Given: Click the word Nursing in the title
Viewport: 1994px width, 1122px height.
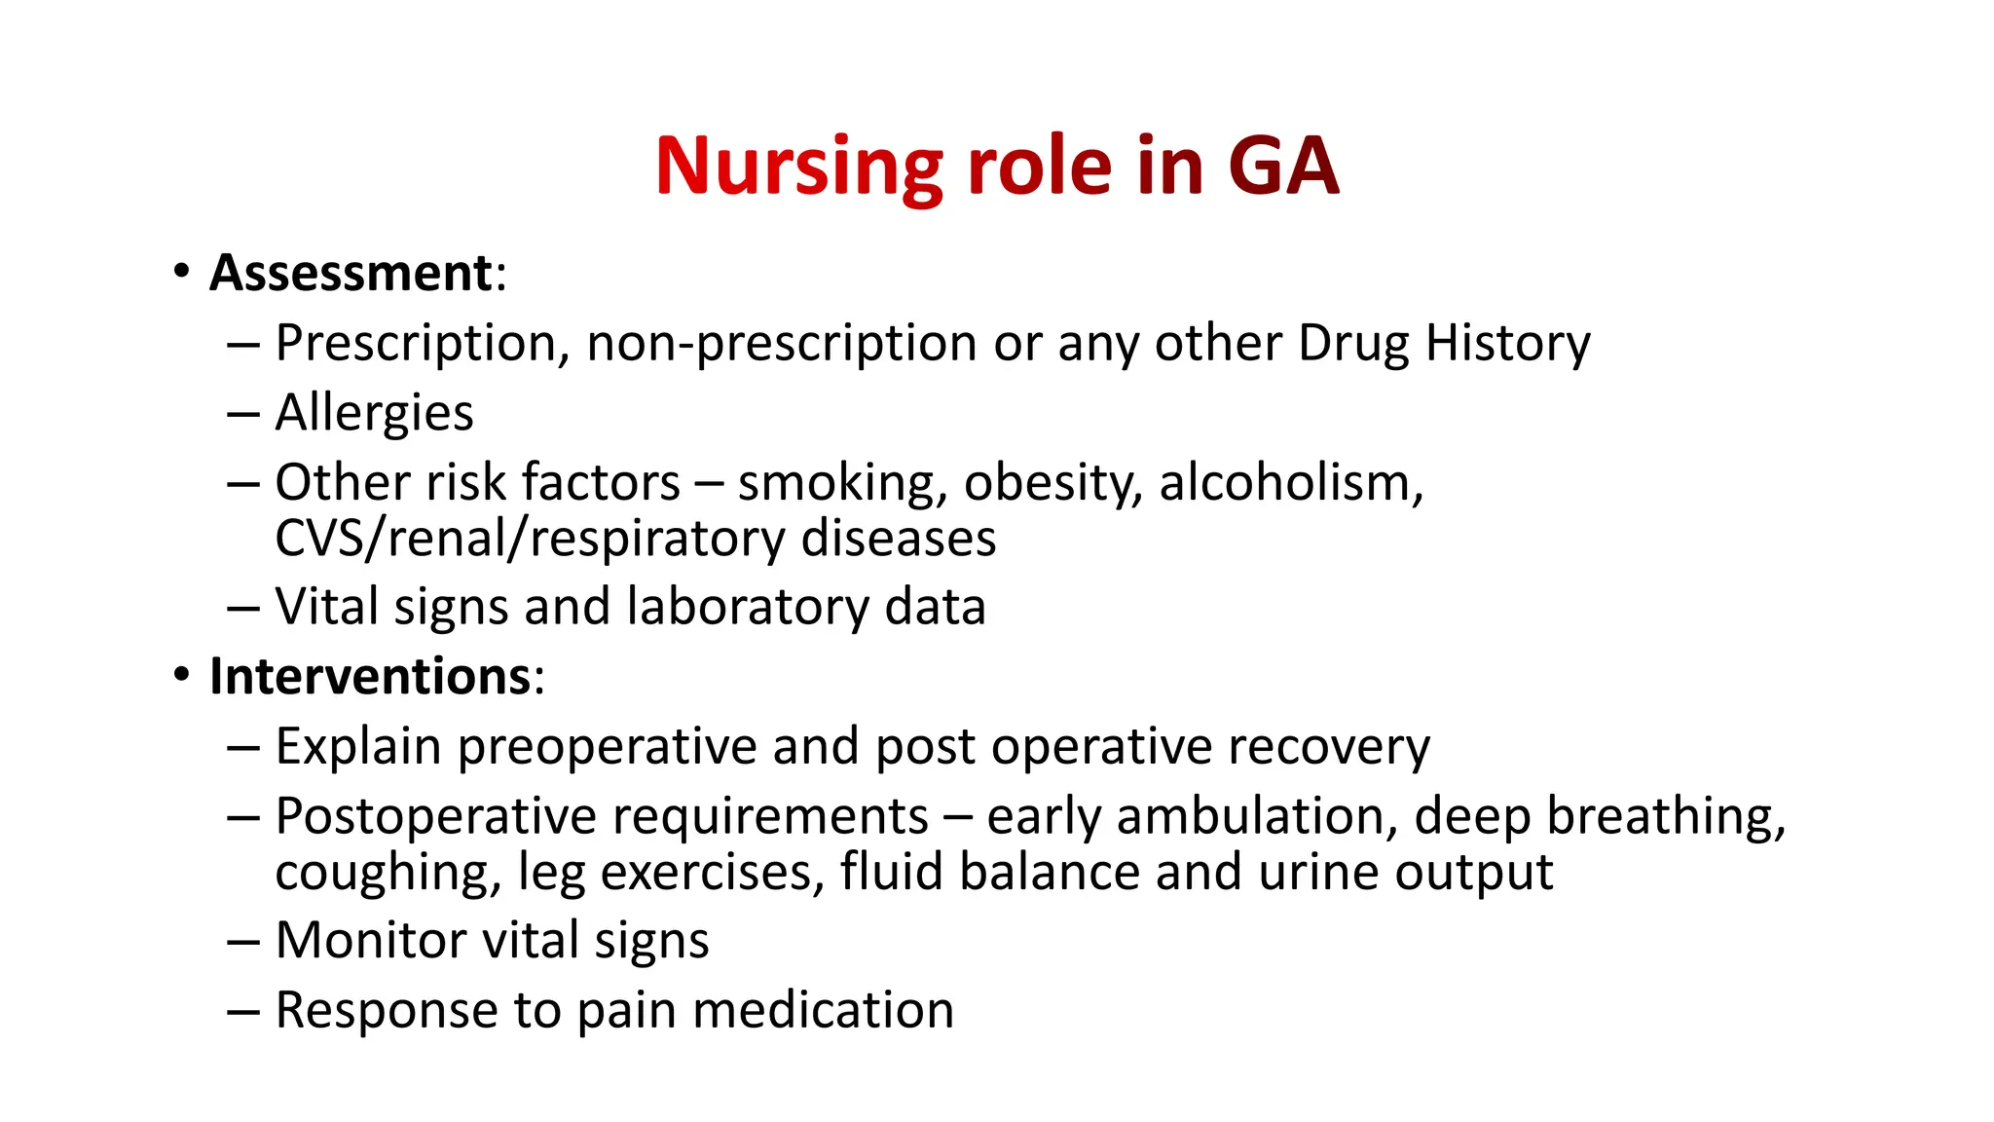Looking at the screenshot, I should point(798,168).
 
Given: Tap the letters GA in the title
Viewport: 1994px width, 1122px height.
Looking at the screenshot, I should point(1283,168).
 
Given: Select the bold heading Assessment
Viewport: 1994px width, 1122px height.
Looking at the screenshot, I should point(351,273).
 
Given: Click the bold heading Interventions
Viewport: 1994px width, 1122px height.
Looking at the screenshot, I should point(370,676).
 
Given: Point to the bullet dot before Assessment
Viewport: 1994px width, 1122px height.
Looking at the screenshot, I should point(181,273).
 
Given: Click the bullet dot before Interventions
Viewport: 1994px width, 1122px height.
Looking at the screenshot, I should point(181,676).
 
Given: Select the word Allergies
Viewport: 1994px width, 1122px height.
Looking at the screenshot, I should point(374,413).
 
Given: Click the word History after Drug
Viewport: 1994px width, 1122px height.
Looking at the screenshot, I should point(1507,343).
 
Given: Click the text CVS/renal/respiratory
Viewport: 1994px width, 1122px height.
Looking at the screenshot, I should point(531,539).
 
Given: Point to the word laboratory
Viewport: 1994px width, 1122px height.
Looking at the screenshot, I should point(748,607).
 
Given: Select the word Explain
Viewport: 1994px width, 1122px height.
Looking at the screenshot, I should point(358,747).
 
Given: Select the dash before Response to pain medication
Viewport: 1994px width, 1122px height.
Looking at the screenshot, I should point(243,1011).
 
